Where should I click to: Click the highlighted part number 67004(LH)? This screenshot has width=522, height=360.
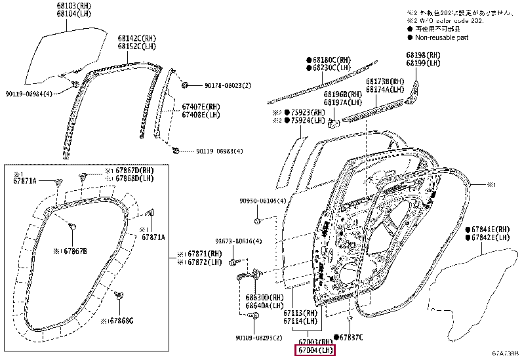pyautogui.click(x=314, y=351)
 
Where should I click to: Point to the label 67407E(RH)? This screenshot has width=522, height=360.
pyautogui.click(x=201, y=106)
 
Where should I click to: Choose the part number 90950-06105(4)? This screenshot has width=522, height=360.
pyautogui.click(x=262, y=201)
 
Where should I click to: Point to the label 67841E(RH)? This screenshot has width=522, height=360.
pyautogui.click(x=491, y=230)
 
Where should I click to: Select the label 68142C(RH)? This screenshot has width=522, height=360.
pyautogui.click(x=138, y=39)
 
